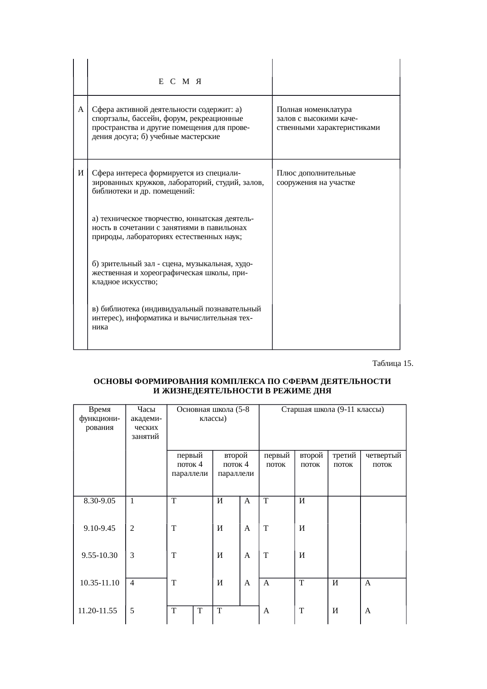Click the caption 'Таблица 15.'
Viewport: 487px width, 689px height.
(392, 363)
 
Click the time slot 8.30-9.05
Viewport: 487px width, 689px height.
(99, 501)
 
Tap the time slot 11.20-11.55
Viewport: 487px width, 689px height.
(99, 610)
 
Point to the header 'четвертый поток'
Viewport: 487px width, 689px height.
(383, 460)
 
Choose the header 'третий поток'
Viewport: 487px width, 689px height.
(344, 460)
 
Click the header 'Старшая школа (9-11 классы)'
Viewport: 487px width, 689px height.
(332, 409)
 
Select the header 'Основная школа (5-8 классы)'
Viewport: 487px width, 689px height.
(213, 414)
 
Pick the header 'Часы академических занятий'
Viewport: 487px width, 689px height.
(145, 423)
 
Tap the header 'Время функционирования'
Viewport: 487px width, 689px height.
(99, 419)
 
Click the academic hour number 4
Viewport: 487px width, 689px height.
(132, 583)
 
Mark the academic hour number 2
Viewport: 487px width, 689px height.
(132, 528)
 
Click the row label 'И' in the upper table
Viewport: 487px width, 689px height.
(81, 173)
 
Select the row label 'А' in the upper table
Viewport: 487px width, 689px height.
(81, 109)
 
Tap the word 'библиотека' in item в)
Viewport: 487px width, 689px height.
(118, 309)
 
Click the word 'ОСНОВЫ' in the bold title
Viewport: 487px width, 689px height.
(112, 382)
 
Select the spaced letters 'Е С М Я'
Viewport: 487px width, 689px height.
(180, 82)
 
